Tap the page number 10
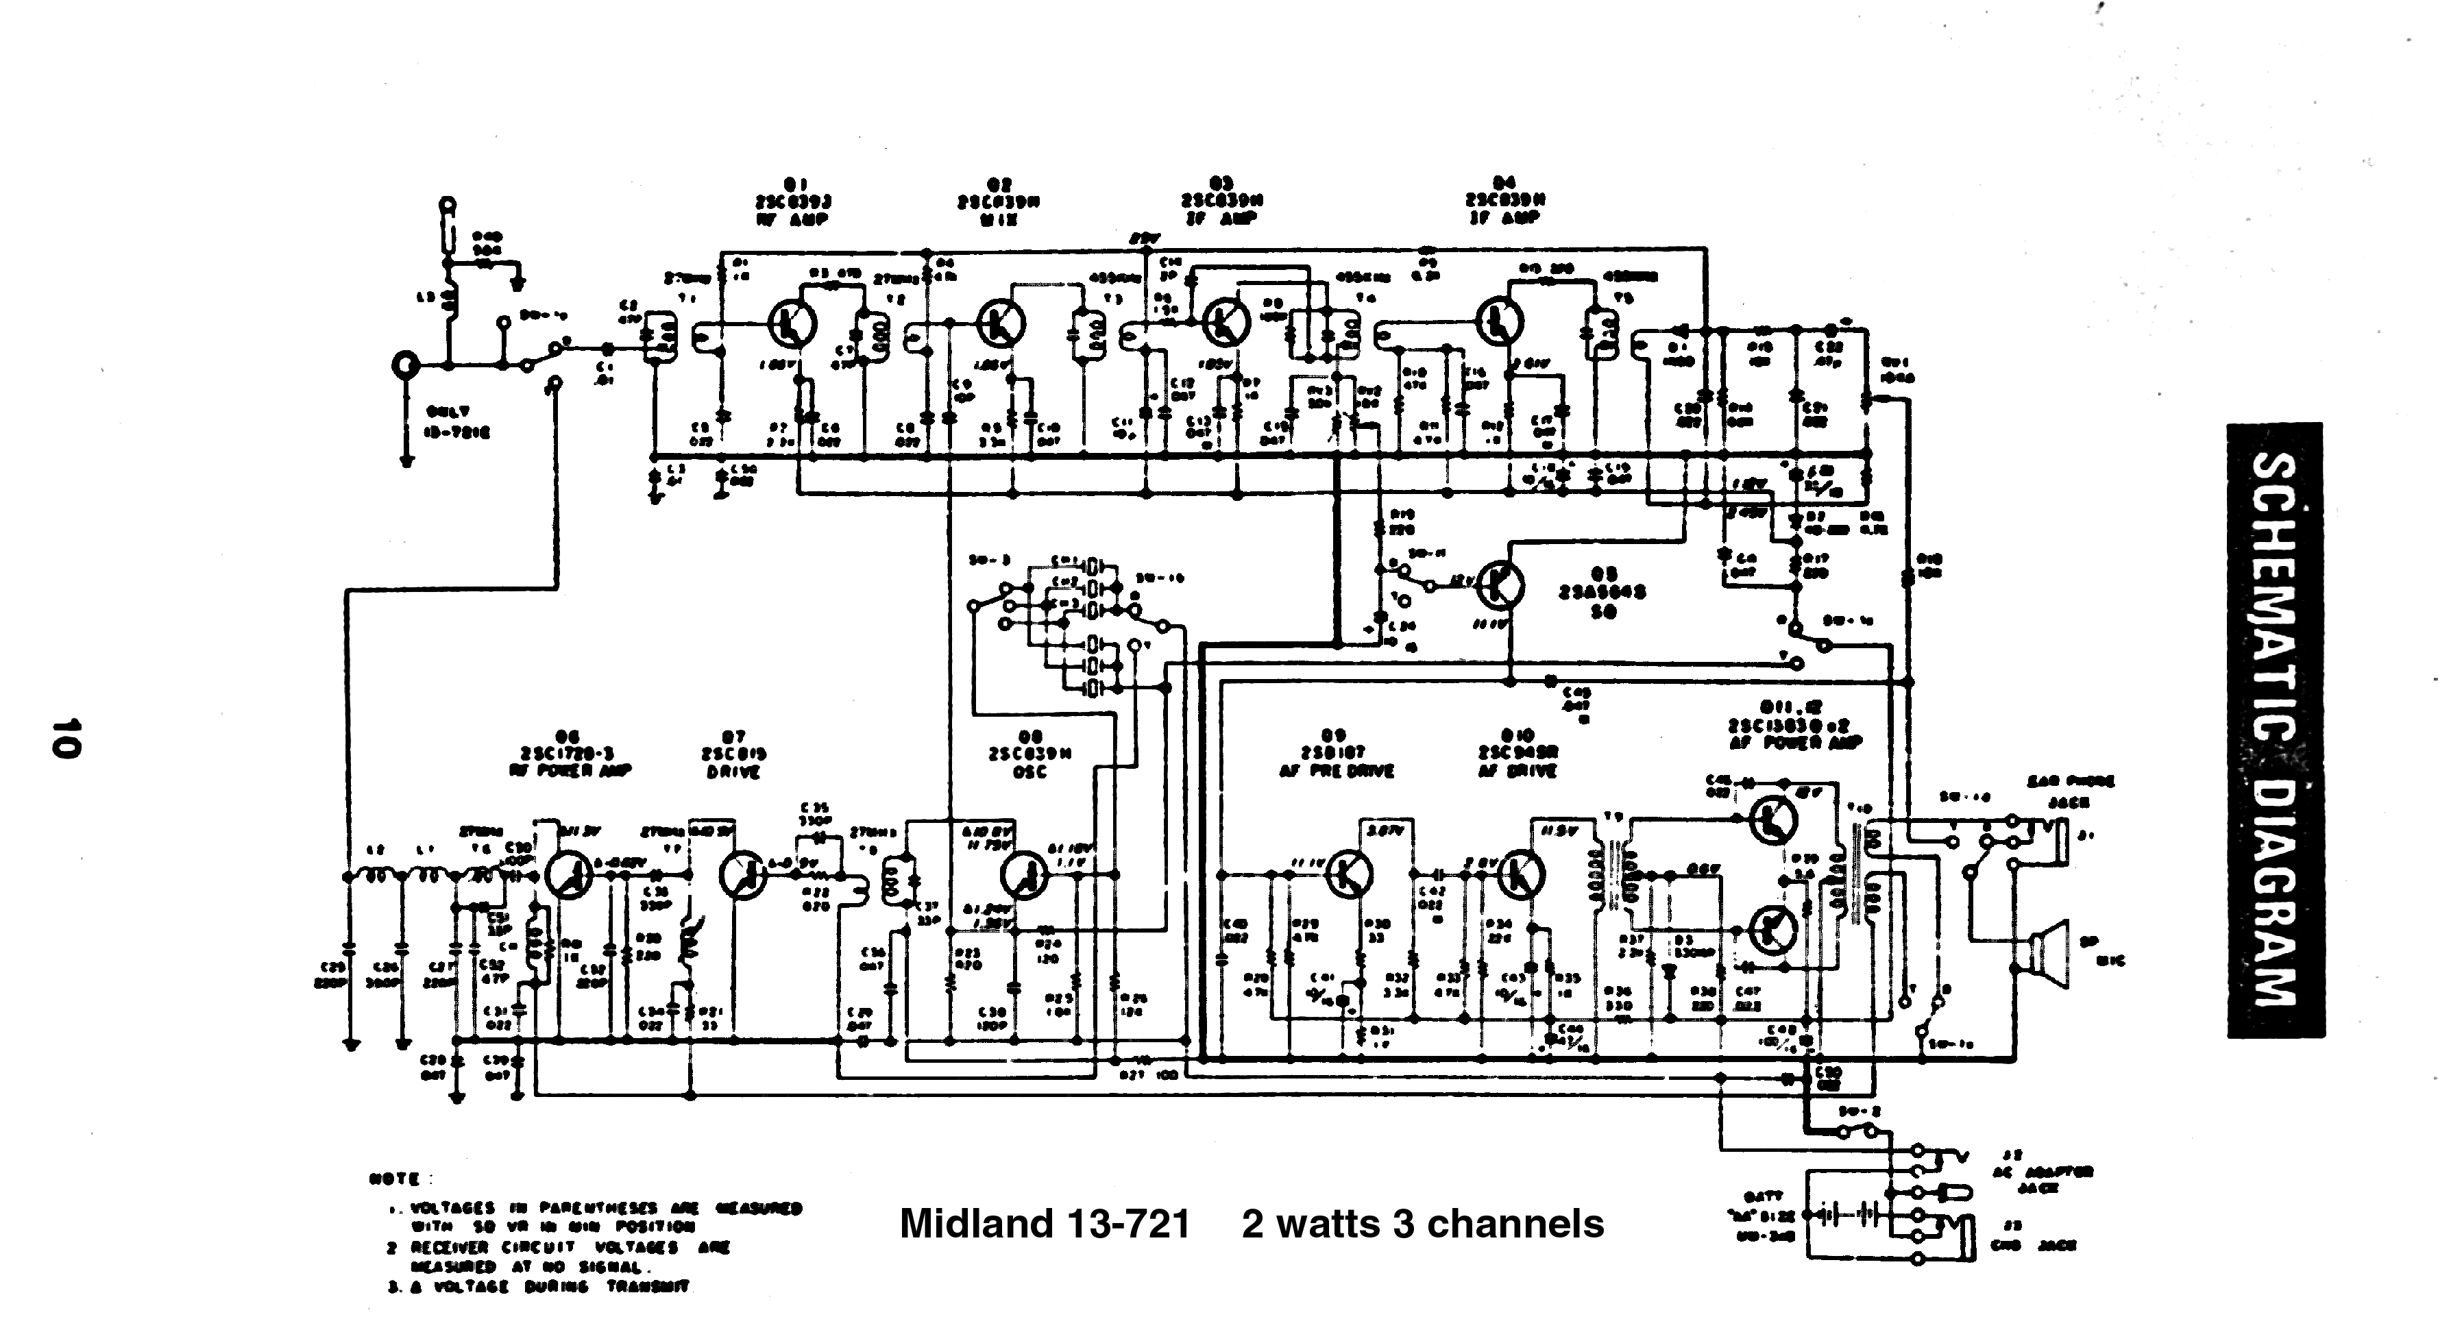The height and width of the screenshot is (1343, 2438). [66, 737]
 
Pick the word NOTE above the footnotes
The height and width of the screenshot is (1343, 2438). [393, 1179]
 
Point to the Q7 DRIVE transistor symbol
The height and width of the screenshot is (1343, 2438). [743, 876]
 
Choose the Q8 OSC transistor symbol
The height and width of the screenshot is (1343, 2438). [1025, 876]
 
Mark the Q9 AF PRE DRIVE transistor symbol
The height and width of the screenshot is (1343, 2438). [1348, 874]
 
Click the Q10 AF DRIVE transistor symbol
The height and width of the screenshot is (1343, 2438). [1521, 874]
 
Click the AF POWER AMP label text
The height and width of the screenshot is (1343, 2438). [1794, 743]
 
